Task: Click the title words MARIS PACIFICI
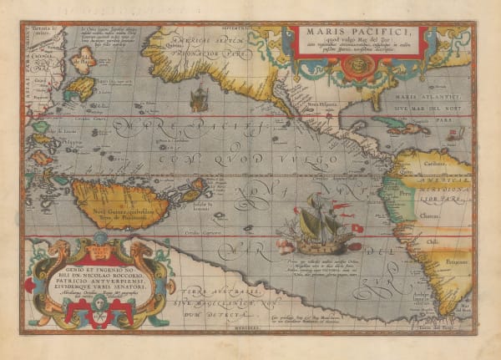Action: point(360,35)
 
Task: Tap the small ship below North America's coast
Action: point(199,100)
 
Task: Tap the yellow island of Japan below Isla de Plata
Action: point(82,89)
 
